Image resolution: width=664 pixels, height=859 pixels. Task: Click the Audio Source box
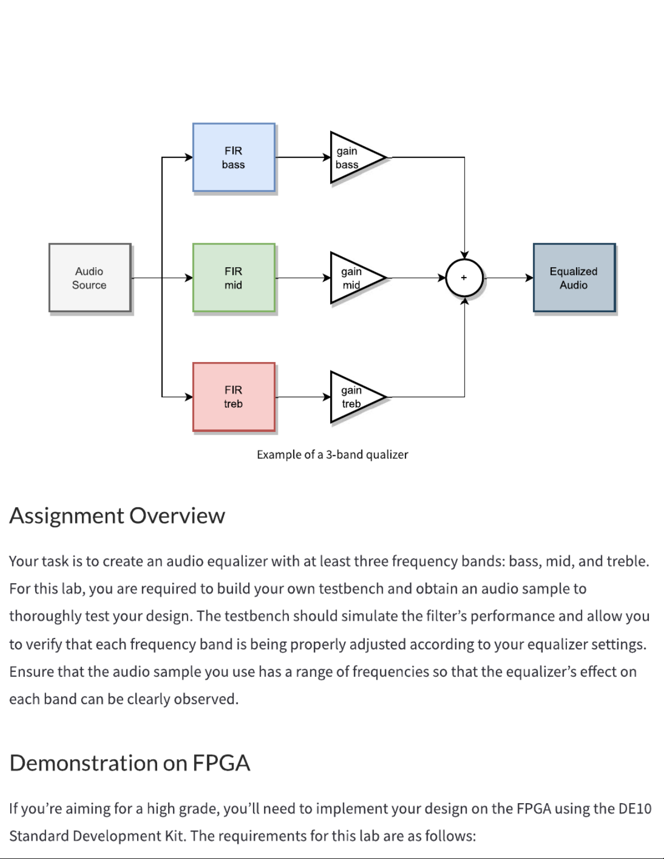click(89, 278)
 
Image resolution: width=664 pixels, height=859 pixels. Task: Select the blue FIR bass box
click(234, 158)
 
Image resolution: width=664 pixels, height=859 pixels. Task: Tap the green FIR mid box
click(234, 278)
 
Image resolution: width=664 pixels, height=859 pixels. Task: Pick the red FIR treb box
click(234, 397)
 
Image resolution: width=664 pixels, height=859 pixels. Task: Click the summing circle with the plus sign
click(464, 277)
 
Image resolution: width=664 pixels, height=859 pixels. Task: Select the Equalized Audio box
click(574, 278)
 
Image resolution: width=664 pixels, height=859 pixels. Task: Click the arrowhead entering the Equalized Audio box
click(528, 278)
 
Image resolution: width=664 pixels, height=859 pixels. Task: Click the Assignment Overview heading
click(117, 515)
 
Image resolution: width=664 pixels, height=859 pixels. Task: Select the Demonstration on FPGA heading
click(130, 763)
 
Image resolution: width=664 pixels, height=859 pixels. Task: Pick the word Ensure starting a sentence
click(31, 671)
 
